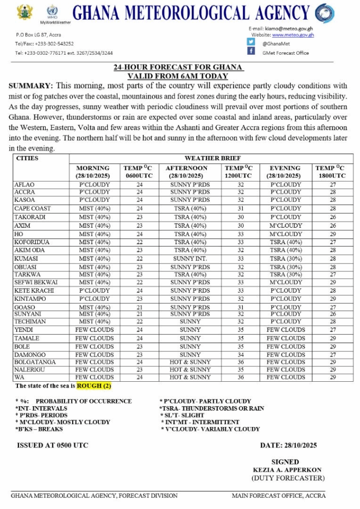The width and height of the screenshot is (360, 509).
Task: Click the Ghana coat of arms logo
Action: pyautogui.click(x=24, y=12)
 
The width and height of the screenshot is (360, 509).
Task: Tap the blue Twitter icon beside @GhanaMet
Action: pyautogui.click(x=251, y=42)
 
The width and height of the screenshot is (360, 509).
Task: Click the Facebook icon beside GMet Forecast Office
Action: pyautogui.click(x=251, y=51)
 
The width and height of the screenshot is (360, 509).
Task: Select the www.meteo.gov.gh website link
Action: pyautogui.click(x=293, y=35)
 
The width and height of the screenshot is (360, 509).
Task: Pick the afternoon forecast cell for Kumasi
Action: pyautogui.click(x=190, y=258)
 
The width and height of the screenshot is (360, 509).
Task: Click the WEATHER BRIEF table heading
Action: pyautogui.click(x=211, y=158)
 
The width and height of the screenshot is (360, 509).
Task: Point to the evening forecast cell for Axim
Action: pyautogui.click(x=285, y=225)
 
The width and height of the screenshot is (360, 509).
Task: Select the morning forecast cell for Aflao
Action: pyautogui.click(x=94, y=184)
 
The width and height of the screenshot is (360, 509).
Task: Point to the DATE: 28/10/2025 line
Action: pyautogui.click(x=288, y=445)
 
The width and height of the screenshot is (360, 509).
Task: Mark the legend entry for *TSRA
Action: pyautogui.click(x=212, y=408)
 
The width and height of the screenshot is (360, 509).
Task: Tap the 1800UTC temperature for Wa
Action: pyautogui.click(x=333, y=377)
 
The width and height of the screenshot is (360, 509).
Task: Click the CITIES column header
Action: pyautogui.click(x=27, y=158)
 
